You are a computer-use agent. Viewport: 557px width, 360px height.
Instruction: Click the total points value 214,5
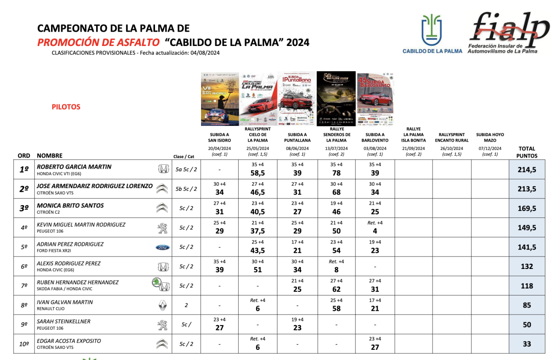(527, 170)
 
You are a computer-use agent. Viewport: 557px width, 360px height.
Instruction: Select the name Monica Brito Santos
(70, 205)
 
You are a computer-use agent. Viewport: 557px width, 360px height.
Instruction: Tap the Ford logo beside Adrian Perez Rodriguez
(162, 248)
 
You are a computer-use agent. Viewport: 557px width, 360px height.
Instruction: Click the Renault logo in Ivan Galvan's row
(162, 305)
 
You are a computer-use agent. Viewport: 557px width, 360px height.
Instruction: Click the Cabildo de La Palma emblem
(432, 30)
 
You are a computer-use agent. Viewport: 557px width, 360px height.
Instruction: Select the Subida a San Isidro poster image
(220, 98)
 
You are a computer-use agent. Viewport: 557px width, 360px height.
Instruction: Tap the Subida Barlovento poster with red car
(375, 98)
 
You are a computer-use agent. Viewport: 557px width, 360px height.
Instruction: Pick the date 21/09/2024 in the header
(413, 149)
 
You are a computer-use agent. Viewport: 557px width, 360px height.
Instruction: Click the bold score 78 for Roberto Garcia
(337, 173)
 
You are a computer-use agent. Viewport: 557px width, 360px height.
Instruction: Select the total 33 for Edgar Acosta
(527, 344)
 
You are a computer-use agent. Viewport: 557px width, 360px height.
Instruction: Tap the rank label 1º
(24, 170)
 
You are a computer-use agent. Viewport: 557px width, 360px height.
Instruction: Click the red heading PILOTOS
(66, 107)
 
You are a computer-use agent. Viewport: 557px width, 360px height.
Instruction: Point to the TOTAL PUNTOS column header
(527, 152)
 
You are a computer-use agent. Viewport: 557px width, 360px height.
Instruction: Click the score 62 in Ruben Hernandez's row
(337, 289)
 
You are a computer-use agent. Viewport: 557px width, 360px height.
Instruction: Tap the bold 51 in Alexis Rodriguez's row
(258, 270)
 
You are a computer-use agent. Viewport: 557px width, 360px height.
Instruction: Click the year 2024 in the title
(298, 43)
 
